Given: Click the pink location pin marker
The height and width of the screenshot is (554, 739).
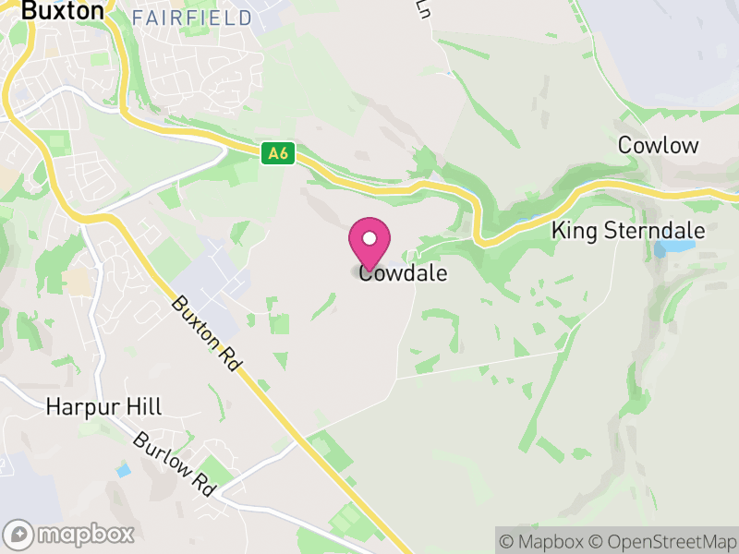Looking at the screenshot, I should click(x=369, y=243).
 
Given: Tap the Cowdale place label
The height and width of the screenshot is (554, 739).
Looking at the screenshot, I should click(x=403, y=273).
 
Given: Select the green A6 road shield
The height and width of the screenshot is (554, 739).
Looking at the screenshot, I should click(x=278, y=153).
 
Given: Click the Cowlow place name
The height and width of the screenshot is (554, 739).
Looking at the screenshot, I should click(x=659, y=145).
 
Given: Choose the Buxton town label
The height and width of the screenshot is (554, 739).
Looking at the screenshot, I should click(x=63, y=11).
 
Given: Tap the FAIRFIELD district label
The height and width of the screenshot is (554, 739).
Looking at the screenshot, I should click(x=191, y=18).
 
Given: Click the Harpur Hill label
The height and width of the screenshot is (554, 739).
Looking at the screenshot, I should click(x=103, y=406).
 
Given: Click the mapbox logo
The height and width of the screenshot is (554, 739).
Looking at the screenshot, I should click(x=69, y=534).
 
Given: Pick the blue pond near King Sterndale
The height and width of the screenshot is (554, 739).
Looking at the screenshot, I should click(x=672, y=248).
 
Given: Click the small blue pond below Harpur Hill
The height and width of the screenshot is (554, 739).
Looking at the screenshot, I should click(x=124, y=471).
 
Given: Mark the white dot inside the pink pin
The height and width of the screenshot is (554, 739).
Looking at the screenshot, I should click(x=369, y=238).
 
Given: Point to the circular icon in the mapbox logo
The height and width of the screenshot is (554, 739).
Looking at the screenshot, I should click(x=18, y=534).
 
